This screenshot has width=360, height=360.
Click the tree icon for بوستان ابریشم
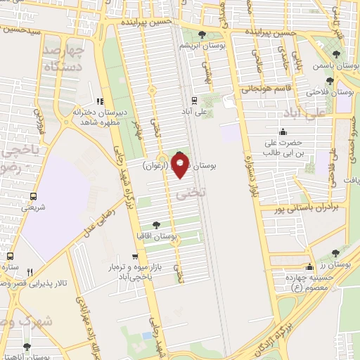tap(202, 34)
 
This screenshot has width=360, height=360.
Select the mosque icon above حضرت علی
tap(283, 131)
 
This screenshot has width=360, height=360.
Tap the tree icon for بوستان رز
tap(335, 253)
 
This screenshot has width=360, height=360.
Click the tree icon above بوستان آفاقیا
tap(155, 225)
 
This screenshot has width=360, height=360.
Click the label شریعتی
tap(33, 207)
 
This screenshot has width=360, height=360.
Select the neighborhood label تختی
tap(186, 191)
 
